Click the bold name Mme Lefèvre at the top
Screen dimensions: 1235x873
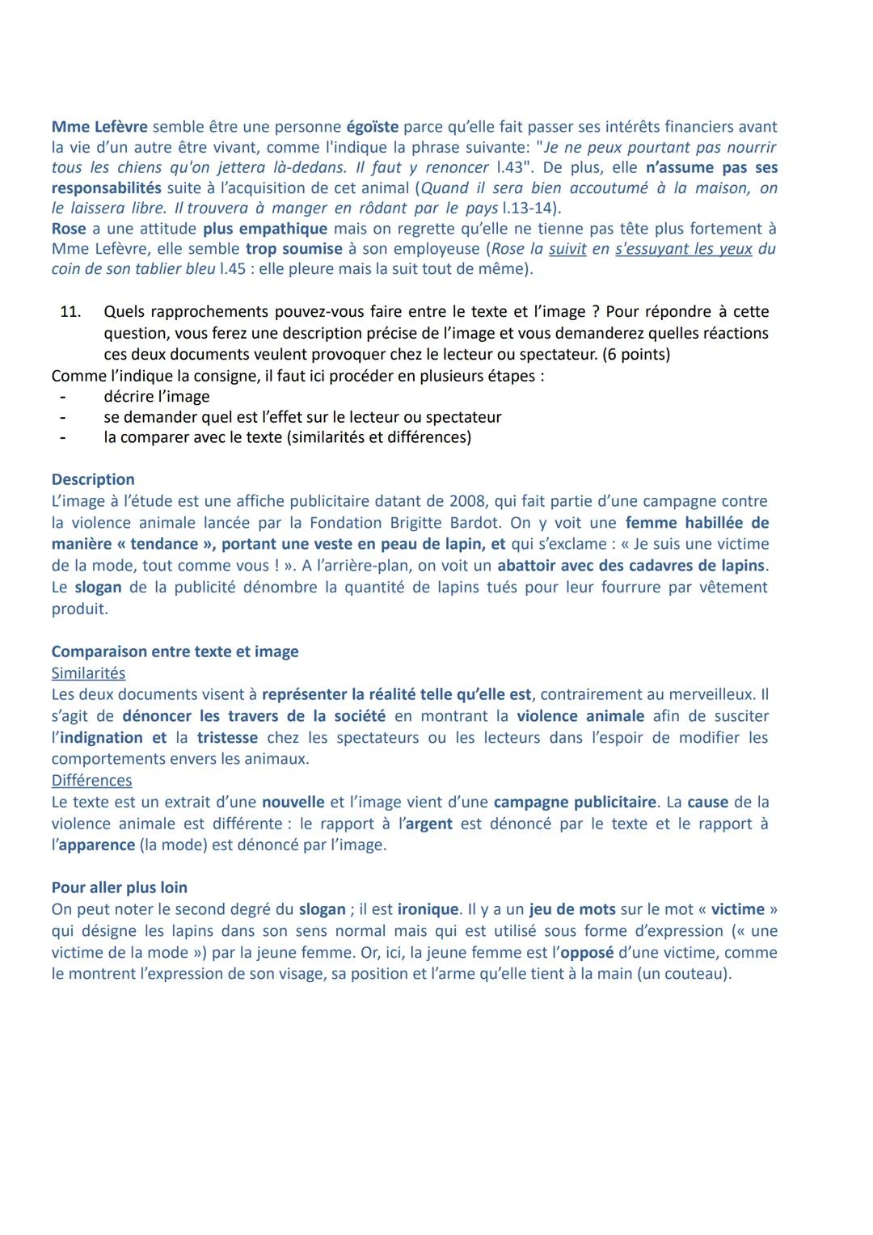pos(99,127)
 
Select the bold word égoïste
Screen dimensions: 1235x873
pos(372,127)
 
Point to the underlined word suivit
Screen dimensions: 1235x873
pos(567,249)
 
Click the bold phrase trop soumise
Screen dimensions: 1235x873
pos(293,249)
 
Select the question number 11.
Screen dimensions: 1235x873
pos(70,312)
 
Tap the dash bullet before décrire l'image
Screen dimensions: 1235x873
pos(61,397)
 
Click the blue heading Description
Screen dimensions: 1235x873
pos(93,479)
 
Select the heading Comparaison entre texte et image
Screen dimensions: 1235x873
pos(175,651)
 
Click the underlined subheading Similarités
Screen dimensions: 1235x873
pos(88,673)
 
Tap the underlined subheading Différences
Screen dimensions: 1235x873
pos(91,781)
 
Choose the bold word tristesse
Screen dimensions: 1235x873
pos(227,738)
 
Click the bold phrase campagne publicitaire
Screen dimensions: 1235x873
pos(575,803)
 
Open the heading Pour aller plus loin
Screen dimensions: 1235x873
pos(119,887)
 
